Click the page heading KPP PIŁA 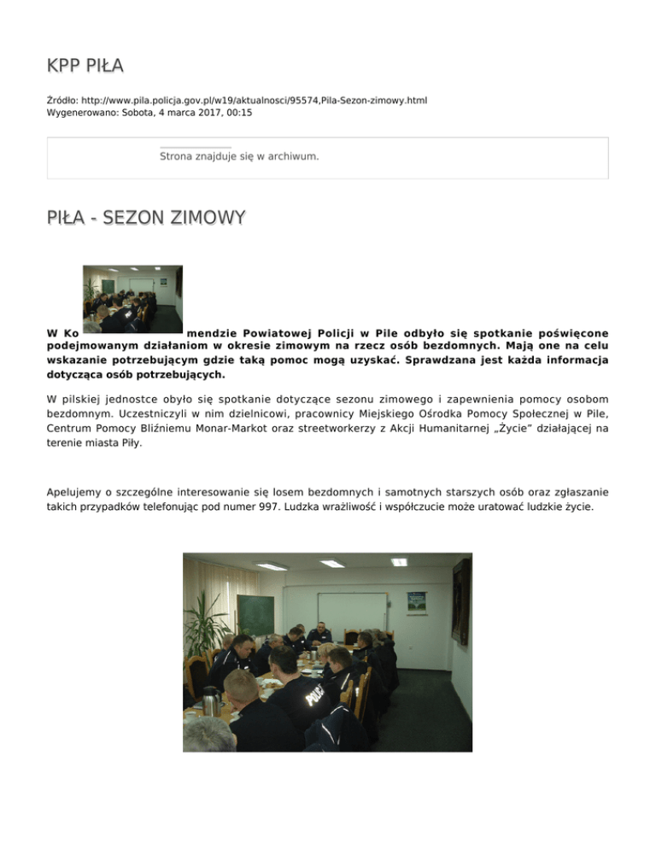pyautogui.click(x=85, y=66)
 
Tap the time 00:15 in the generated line pyautogui.click(x=239, y=112)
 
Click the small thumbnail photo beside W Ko pyautogui.click(x=132, y=298)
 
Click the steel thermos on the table pyautogui.click(x=209, y=700)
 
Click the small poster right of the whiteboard pyautogui.click(x=416, y=601)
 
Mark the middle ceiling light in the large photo pyautogui.click(x=332, y=563)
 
